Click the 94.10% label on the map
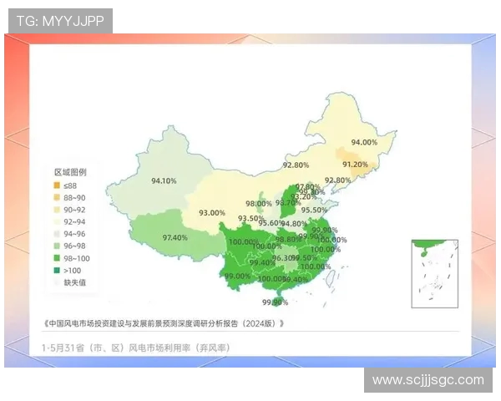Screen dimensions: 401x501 [x=163, y=180]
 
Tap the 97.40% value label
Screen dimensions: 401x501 [x=175, y=237]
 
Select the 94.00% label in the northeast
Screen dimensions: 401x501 [x=364, y=142]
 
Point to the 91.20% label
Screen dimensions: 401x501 [x=355, y=165]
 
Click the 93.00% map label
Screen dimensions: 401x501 [x=211, y=213]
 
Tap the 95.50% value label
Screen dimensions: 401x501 [x=314, y=210]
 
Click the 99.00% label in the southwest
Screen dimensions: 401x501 [x=237, y=276]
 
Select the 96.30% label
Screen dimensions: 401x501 [x=285, y=258]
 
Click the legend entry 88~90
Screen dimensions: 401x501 [x=69, y=197]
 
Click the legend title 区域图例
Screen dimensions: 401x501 [x=69, y=171]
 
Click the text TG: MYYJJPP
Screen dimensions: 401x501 [x=60, y=21]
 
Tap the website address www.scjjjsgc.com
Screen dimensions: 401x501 [x=428, y=380]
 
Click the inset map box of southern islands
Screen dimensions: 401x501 [x=434, y=273]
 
